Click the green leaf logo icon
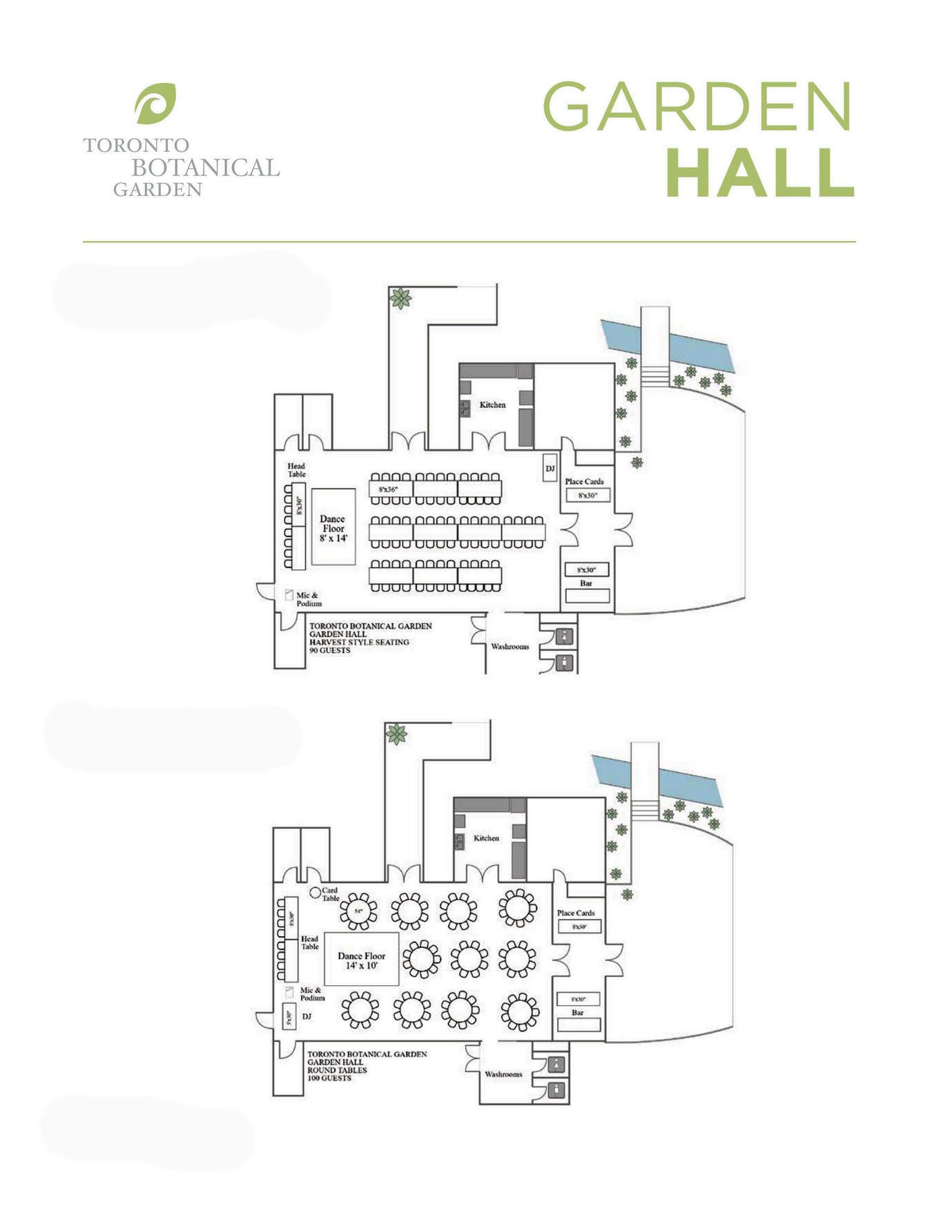pyautogui.click(x=155, y=104)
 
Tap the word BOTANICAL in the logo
pyautogui.click(x=205, y=168)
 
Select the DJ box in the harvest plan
pyautogui.click(x=550, y=469)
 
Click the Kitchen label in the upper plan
pyautogui.click(x=492, y=405)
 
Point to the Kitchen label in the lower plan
pyautogui.click(x=486, y=838)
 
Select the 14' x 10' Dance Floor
pyautogui.click(x=361, y=960)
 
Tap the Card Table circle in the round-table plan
pyautogui.click(x=314, y=893)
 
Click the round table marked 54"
pyautogui.click(x=358, y=911)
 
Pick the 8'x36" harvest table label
pyautogui.click(x=389, y=489)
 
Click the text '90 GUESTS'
pyautogui.click(x=329, y=650)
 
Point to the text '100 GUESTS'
pyautogui.click(x=329, y=1078)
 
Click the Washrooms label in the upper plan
pyautogui.click(x=510, y=647)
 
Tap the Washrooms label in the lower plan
pyautogui.click(x=503, y=1074)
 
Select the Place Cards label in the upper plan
pyautogui.click(x=584, y=482)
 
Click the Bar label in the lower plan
pyautogui.click(x=578, y=1013)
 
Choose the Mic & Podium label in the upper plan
pyautogui.click(x=309, y=599)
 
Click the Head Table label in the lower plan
pyautogui.click(x=309, y=942)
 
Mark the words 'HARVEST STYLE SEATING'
pyautogui.click(x=359, y=642)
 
